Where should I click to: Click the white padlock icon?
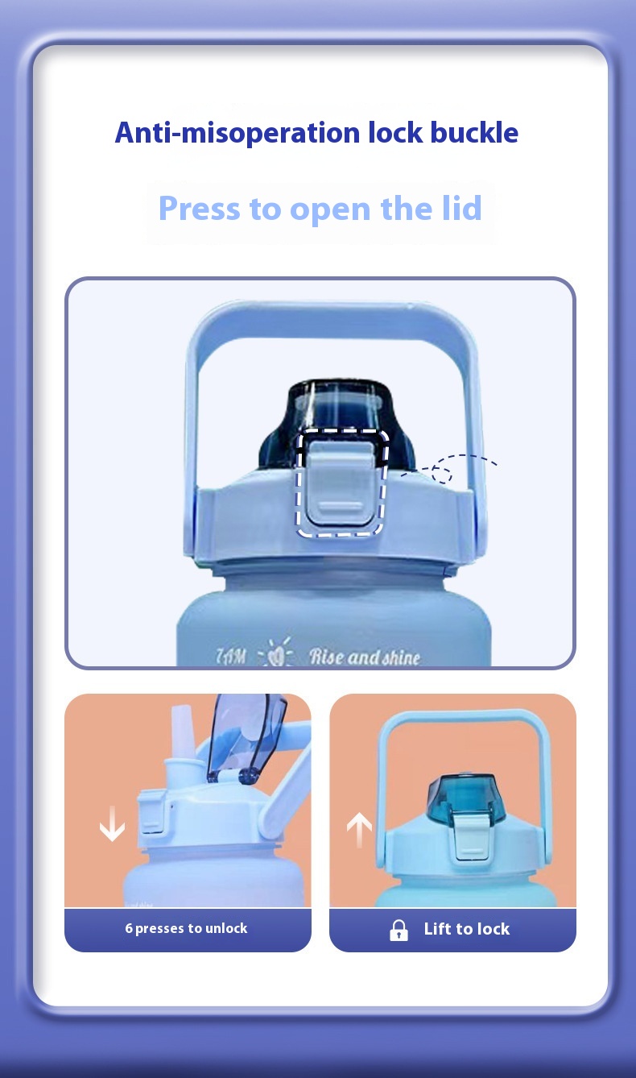399,930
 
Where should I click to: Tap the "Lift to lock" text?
467,929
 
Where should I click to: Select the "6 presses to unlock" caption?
186,928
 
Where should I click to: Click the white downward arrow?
112,823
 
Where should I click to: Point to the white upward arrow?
359,829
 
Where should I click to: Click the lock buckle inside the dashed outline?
342,482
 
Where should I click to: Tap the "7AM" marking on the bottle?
232,655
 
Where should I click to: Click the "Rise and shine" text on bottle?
365,657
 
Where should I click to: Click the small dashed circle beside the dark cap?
441,473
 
